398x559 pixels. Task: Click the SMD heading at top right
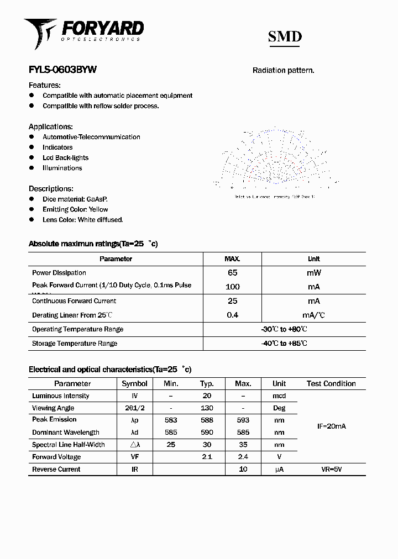pos(285,36)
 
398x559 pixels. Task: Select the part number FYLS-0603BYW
pos(62,70)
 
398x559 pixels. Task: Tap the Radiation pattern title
pos(283,70)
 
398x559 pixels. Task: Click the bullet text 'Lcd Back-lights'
pos(65,157)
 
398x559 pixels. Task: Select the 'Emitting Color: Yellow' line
pos(75,209)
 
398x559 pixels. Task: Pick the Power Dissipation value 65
pos(232,273)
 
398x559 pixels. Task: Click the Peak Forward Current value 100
pos(232,287)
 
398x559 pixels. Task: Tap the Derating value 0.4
pos(232,315)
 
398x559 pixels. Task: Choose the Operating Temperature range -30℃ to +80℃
pos(284,329)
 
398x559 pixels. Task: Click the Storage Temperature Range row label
pos(75,344)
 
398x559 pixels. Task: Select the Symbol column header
pos(134,383)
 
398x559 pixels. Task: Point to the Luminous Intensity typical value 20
pos(207,396)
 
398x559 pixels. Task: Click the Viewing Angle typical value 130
pos(207,408)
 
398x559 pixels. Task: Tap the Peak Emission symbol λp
pos(134,420)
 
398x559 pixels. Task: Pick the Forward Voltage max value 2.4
pos(243,457)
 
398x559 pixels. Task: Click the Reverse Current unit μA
pos(279,470)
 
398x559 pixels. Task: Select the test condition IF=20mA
pos(331,426)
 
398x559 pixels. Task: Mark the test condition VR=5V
pos(331,470)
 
